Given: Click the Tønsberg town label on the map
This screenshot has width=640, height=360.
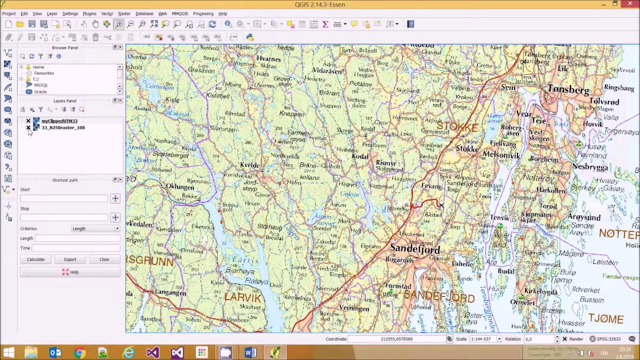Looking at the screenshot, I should click(568, 90).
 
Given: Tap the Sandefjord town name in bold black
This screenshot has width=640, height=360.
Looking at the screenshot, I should click(415, 248).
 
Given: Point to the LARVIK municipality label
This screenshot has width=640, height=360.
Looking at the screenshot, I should click(243, 298).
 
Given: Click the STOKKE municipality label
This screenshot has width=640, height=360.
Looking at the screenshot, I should click(457, 127).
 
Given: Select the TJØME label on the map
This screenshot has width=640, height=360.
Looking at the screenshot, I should click(605, 319).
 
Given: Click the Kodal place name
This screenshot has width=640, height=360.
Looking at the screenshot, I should click(359, 156).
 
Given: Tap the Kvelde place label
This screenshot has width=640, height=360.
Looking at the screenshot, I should click(250, 165).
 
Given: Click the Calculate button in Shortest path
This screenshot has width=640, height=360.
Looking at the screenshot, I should click(35, 259).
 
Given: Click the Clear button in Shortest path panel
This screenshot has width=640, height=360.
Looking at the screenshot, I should click(104, 259).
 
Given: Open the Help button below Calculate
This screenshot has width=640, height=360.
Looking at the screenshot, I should click(70, 272).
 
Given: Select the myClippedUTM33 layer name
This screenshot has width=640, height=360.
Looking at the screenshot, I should click(59, 121).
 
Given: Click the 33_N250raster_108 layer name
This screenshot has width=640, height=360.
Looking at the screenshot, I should click(63, 127).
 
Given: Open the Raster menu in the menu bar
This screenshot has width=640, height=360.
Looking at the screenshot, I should click(124, 13).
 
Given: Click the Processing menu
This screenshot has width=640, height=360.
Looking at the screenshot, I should click(203, 13).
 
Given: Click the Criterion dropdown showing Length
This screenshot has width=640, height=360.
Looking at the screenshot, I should click(95, 228).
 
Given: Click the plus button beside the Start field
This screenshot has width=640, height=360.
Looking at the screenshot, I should click(115, 198).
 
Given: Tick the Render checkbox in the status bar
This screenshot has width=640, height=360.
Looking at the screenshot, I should click(564, 339).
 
